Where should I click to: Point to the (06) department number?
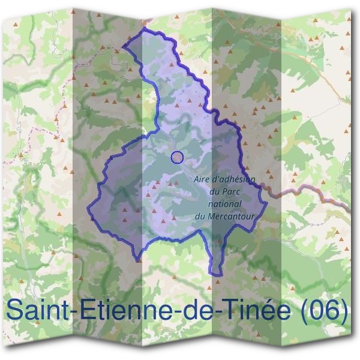coord(323,311)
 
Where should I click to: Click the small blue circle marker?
coord(177,157)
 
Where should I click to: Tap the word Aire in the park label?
coord(204,179)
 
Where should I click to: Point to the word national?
coord(224,203)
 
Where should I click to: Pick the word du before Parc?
coord(215,191)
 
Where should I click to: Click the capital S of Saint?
coord(14,310)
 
